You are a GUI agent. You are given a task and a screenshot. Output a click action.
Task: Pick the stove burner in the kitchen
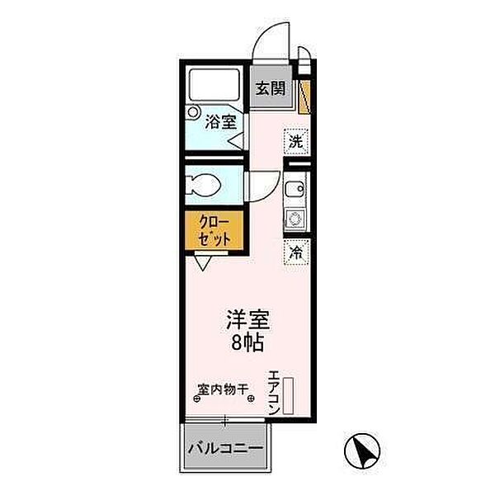295,219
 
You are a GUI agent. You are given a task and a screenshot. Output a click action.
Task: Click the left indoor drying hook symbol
196,400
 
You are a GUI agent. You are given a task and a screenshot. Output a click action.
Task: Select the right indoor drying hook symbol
247,400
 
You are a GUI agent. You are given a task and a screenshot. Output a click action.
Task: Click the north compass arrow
363,451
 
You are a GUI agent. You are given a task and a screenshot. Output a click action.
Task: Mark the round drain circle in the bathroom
192,111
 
